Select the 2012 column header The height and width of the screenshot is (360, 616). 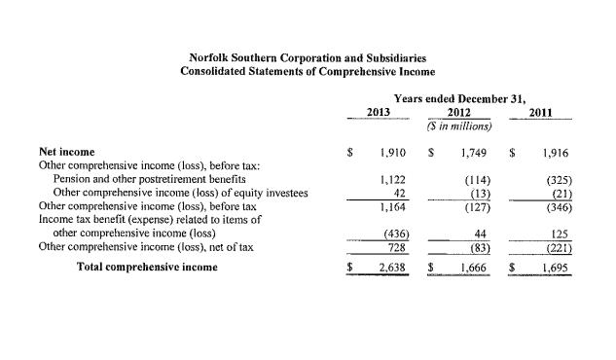pos(459,113)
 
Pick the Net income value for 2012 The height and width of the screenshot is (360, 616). pos(473,154)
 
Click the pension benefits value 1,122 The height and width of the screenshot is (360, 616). pos(392,179)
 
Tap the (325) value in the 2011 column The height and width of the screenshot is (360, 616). pos(555,179)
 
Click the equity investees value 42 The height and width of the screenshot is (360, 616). pos(399,193)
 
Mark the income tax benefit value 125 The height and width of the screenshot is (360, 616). pos(559,234)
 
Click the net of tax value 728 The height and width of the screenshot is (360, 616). pos(396,248)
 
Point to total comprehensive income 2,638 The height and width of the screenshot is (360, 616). pos(391,267)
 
